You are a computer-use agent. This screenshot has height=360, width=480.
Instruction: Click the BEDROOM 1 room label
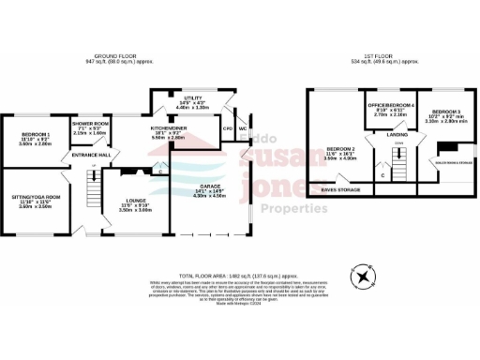tap(37, 135)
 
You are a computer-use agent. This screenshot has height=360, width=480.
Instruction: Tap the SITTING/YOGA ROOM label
tap(37, 197)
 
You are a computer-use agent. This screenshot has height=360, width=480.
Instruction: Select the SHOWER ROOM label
tap(91, 124)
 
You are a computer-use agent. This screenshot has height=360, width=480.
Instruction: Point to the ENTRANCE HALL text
tap(92, 154)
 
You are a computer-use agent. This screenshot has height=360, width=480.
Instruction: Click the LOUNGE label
tap(134, 200)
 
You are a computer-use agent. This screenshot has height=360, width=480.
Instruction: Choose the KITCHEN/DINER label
tap(169, 127)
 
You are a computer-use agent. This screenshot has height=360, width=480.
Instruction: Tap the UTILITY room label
tap(192, 98)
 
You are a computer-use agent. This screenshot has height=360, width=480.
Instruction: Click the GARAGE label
tap(209, 187)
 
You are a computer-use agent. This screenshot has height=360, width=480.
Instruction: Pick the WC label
tap(241, 128)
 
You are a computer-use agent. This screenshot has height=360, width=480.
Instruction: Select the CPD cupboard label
tap(227, 128)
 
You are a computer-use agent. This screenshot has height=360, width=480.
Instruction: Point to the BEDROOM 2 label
tap(340, 148)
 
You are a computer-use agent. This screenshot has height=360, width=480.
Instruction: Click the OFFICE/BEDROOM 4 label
tap(389, 104)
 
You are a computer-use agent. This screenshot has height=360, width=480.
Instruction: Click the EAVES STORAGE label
tap(339, 189)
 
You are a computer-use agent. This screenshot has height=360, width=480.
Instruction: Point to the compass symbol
tap(361, 276)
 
